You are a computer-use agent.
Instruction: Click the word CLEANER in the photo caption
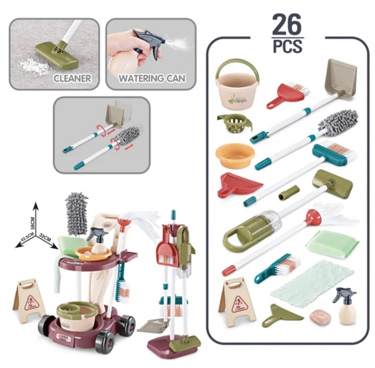click(x=72, y=78)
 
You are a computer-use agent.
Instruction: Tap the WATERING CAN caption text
click(x=152, y=78)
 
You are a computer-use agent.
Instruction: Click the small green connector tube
click(x=289, y=193)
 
